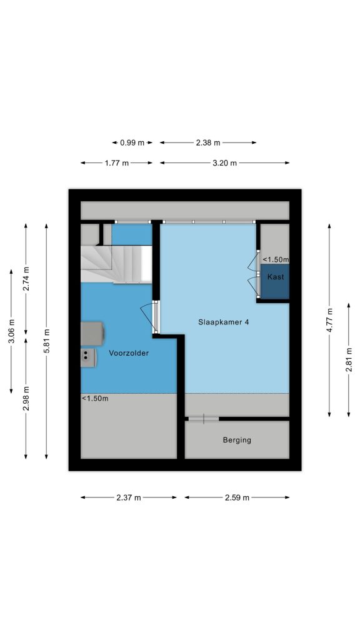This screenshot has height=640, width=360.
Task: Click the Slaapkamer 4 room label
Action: pos(223,322)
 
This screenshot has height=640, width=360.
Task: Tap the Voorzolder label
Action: pos(129,353)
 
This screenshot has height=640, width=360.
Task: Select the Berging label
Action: pos(237,440)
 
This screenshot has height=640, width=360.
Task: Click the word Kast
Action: pos(276,277)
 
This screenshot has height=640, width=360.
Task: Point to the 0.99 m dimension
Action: pos(132,142)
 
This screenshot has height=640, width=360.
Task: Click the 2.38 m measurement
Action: pos(207,142)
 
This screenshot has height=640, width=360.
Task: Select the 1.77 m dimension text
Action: pos(116,163)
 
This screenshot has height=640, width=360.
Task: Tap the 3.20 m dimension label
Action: pos(224,163)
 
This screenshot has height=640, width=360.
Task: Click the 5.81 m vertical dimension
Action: pos(46,341)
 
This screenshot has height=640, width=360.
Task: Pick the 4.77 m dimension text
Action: pos(329,321)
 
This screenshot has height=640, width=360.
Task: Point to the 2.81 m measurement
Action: pos(349,359)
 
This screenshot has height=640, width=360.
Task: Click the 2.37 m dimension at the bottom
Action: pos(129,497)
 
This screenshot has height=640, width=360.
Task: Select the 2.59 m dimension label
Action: pos(237,497)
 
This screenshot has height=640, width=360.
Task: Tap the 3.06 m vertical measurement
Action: pos(11,331)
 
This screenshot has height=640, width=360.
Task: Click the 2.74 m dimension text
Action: pos(26,279)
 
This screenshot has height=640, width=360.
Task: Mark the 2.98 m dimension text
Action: pos(26,398)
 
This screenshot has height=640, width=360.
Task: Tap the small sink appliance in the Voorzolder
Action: pos(88,357)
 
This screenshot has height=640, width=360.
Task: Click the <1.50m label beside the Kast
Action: pos(276,259)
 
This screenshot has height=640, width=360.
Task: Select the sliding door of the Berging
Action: pos(203,419)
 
